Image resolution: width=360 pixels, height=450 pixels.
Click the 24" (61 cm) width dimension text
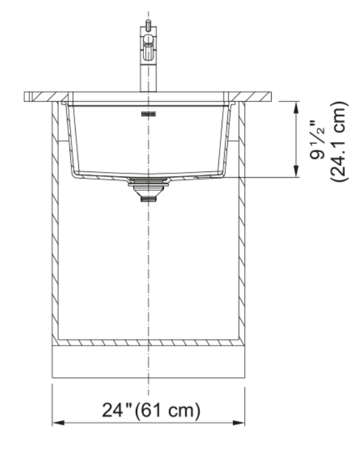click(151, 410)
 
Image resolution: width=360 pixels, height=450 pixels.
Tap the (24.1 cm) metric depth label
click(338, 141)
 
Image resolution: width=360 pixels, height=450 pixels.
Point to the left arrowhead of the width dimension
click(58, 422)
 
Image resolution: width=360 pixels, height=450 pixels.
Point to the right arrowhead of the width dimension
click(239, 422)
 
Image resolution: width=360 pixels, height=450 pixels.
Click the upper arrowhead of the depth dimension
click(296, 108)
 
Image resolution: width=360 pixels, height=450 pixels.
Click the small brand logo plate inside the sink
click(148, 115)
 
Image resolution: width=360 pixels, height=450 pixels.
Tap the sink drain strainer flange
click(148, 180)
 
